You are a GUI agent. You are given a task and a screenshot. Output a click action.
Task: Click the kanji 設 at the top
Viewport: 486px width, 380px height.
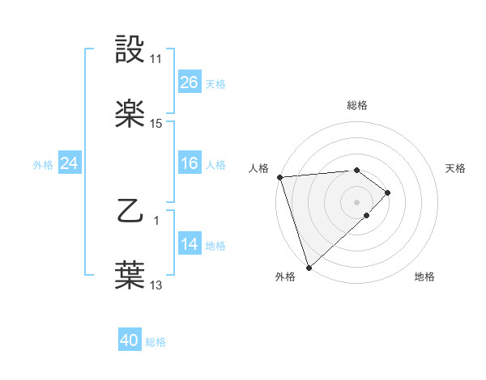(130, 49)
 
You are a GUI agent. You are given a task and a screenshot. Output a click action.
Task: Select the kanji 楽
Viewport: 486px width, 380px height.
(130, 112)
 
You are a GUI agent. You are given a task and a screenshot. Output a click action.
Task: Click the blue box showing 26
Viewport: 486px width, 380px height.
(190, 82)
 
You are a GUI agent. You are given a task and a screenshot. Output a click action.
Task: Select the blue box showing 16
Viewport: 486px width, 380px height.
(190, 163)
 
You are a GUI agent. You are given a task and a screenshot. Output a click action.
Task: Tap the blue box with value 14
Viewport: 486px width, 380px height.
(190, 244)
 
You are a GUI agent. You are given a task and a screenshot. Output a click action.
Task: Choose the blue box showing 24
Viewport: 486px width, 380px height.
(70, 163)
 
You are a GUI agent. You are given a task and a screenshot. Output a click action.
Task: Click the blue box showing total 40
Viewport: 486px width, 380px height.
(130, 340)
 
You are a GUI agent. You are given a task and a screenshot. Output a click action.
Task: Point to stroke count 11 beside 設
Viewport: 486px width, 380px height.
(156, 59)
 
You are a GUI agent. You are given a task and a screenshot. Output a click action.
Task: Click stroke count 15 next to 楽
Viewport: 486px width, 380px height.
(156, 123)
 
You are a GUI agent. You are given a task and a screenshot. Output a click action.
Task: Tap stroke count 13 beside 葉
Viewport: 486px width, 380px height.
(156, 285)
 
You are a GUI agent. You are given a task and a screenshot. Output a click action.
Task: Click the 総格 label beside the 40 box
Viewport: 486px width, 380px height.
(156, 342)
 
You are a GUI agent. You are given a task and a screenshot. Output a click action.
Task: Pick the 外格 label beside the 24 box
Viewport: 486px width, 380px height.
(43, 165)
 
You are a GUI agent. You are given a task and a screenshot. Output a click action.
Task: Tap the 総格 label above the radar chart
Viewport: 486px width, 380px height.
(356, 105)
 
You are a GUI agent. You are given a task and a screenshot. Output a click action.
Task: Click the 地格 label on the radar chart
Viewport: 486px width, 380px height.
(424, 277)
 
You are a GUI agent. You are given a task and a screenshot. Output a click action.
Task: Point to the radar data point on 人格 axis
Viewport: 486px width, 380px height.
(279, 176)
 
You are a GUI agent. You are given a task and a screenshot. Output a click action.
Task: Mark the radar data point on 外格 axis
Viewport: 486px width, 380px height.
(309, 267)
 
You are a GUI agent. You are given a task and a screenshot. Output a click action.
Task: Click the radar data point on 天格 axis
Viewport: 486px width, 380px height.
(389, 192)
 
